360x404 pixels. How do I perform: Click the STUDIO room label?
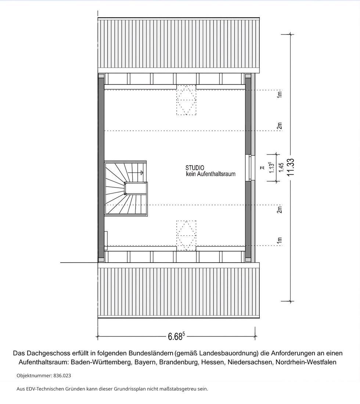pos(195,168)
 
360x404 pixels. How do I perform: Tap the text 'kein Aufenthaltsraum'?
pos(210,174)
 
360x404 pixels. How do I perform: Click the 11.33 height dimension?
pos(291,167)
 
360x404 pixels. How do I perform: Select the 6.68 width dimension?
pos(176,336)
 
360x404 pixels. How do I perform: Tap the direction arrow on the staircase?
pos(140,172)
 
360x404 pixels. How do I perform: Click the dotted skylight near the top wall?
pos(186,100)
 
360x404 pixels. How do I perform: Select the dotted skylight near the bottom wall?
pos(186,235)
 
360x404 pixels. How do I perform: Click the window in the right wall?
pos(251,167)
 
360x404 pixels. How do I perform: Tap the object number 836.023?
pos(62,376)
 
